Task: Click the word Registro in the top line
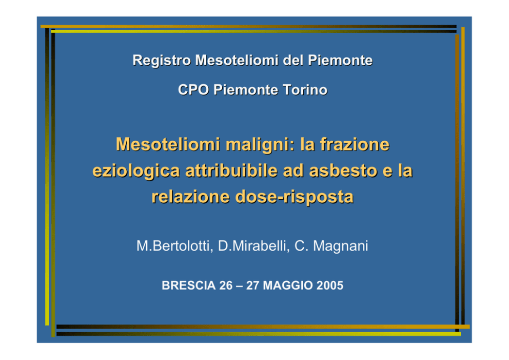point(162,61)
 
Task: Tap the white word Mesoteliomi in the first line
point(237,60)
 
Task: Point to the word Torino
point(305,90)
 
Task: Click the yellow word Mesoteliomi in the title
point(168,144)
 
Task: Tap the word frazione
point(355,144)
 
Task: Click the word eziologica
point(136,171)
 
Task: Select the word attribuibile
point(231,170)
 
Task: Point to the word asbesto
point(343,170)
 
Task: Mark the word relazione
point(190,197)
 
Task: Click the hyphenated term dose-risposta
point(294,197)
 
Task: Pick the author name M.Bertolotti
point(174,246)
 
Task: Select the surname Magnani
point(341,247)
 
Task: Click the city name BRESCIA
point(189,286)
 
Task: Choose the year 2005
point(330,286)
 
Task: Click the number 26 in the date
point(226,286)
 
